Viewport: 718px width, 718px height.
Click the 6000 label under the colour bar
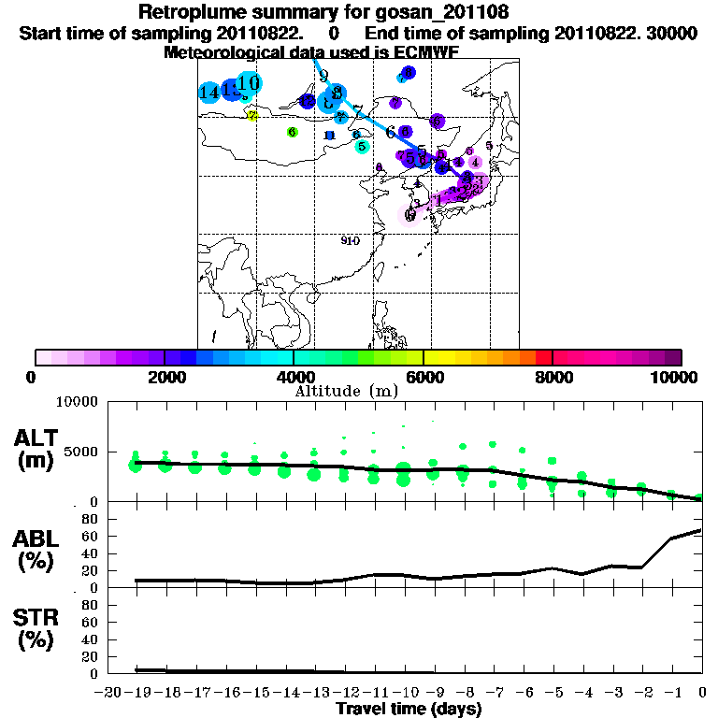click(x=424, y=377)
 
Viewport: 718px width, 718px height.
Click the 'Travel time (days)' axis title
click(x=409, y=710)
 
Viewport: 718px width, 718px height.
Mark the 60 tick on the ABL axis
click(x=90, y=536)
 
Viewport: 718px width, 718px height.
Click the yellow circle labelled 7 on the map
click(x=251, y=115)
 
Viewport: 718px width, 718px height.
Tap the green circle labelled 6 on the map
click(x=292, y=132)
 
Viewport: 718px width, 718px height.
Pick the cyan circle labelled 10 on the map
click(x=249, y=82)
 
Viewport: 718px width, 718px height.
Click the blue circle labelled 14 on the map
click(x=209, y=92)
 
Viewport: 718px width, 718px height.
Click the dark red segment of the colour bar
click(x=543, y=357)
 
